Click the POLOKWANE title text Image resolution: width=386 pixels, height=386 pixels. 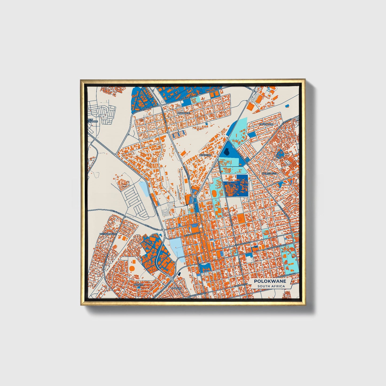(x=270, y=281)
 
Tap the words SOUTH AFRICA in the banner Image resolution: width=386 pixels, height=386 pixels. (x=271, y=286)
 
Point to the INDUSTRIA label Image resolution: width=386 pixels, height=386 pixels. (x=205, y=155)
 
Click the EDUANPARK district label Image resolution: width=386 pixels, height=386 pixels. (x=266, y=124)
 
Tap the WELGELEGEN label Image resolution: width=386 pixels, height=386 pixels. (x=270, y=173)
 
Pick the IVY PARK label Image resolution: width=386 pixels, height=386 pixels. (x=177, y=289)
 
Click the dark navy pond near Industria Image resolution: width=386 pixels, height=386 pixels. (x=227, y=152)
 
